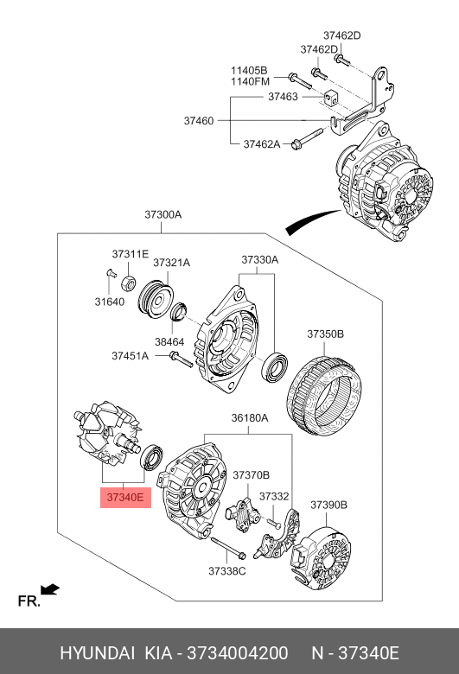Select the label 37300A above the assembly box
[x=163, y=215]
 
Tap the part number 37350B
[x=325, y=334]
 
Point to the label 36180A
[x=249, y=418]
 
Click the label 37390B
[x=328, y=505]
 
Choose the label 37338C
[x=226, y=571]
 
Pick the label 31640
[x=111, y=302]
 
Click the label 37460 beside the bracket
[x=198, y=120]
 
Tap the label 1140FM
[x=250, y=81]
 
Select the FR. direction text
[x=29, y=601]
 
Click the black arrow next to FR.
[x=50, y=589]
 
